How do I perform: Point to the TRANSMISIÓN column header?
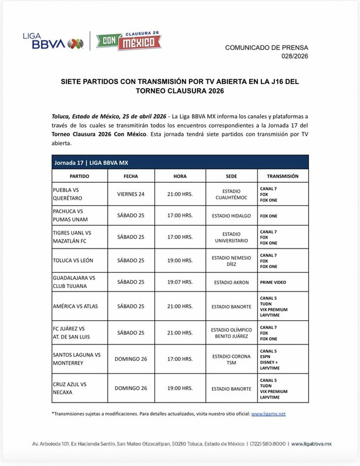tap(282, 176)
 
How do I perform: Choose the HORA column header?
tap(180, 176)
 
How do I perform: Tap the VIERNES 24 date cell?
tap(131, 195)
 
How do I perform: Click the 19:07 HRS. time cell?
tap(180, 281)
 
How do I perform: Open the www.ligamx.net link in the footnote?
tap(268, 414)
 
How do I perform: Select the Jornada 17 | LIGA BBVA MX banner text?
tap(85, 162)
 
